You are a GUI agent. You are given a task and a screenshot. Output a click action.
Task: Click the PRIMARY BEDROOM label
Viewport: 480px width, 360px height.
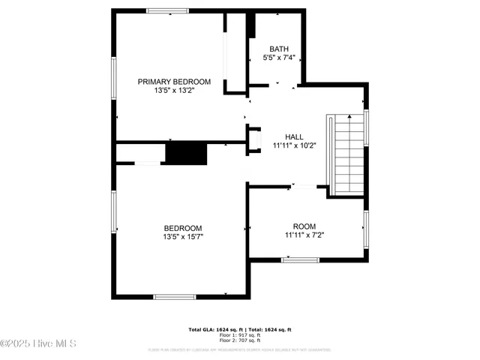coord(173,81)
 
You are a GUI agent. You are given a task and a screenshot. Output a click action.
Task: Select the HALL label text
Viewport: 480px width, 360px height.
coord(294,136)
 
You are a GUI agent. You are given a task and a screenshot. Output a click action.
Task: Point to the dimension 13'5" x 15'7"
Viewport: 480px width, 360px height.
coord(183,237)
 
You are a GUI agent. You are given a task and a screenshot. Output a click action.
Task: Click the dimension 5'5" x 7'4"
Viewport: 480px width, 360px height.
coord(279,58)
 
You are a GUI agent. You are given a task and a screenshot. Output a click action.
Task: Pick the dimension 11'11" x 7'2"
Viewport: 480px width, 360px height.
coord(304,235)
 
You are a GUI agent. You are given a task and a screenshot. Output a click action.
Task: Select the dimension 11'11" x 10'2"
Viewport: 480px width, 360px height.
coord(294,146)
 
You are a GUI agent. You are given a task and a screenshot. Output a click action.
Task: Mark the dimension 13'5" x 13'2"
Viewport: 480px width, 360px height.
coord(173,91)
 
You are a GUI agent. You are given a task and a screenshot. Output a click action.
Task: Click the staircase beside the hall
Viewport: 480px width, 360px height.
coord(346,154)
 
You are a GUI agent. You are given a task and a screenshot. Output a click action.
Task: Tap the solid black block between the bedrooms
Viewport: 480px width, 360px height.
coord(185,153)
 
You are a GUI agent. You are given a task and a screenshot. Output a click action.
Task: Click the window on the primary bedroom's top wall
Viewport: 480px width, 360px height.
coord(167,10)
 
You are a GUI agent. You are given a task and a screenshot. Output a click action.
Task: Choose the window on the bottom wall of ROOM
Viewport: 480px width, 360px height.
coord(300,260)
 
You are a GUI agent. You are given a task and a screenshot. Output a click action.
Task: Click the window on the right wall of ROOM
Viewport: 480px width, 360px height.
coord(365,228)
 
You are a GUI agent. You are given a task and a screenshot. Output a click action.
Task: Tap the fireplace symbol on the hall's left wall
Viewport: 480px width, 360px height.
coord(254,139)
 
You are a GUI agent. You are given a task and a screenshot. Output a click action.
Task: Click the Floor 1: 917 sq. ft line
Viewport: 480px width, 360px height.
coord(240,334)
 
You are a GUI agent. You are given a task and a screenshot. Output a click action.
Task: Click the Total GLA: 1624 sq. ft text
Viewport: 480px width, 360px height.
coord(214,329)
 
